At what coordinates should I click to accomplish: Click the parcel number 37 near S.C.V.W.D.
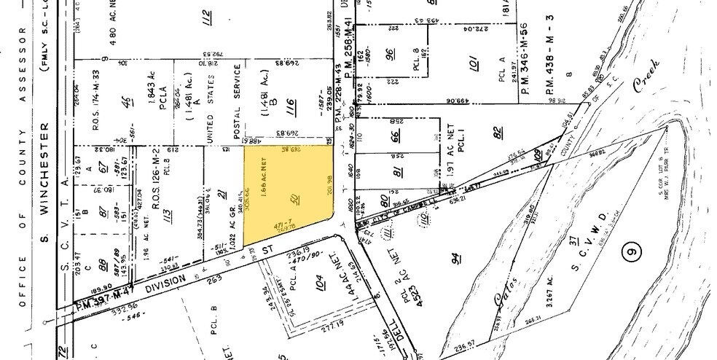click(573, 240)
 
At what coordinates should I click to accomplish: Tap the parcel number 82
click(498, 132)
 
